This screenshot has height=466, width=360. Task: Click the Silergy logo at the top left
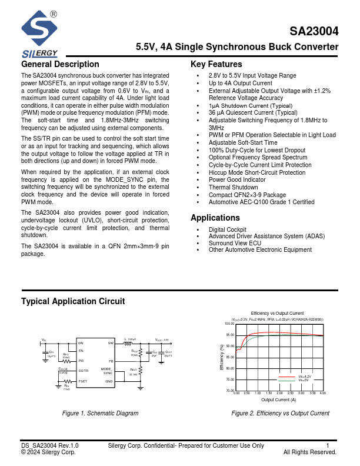point(39,32)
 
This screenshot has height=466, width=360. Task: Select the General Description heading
point(60,64)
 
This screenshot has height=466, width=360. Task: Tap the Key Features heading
point(216,64)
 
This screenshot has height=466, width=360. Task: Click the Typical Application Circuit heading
point(73,301)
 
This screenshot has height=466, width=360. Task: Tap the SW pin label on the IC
point(110,342)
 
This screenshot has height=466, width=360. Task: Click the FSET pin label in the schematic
point(84,381)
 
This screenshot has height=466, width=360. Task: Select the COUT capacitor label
point(168,352)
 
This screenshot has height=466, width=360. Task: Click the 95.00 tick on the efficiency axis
point(229,335)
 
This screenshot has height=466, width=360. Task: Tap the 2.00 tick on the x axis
point(279,392)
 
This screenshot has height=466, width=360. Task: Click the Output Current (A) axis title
point(279,399)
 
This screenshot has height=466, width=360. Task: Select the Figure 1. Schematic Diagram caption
point(101,413)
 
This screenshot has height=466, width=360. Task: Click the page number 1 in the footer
point(328,445)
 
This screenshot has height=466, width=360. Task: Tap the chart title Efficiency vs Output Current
point(277,313)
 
